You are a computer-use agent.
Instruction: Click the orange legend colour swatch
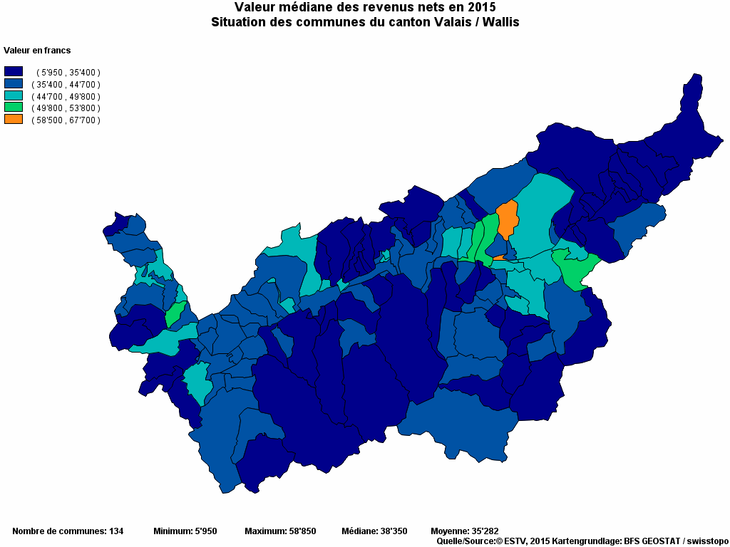click(x=14, y=120)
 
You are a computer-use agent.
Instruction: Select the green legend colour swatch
click(x=14, y=108)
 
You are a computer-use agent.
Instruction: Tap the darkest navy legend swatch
click(x=14, y=71)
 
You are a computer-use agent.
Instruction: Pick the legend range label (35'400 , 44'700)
click(x=66, y=84)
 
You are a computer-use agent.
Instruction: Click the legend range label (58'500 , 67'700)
click(x=66, y=120)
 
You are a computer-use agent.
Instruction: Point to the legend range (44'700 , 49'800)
click(x=66, y=96)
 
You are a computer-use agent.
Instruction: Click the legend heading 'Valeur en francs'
click(x=37, y=51)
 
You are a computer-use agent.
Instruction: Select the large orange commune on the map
click(x=507, y=219)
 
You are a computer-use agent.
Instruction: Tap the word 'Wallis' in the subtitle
click(x=500, y=22)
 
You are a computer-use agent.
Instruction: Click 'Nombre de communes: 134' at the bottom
click(x=68, y=531)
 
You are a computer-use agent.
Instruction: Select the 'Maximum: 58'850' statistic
click(x=280, y=531)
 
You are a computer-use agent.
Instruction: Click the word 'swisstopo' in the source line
click(x=706, y=541)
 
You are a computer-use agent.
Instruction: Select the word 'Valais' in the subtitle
click(x=454, y=22)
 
